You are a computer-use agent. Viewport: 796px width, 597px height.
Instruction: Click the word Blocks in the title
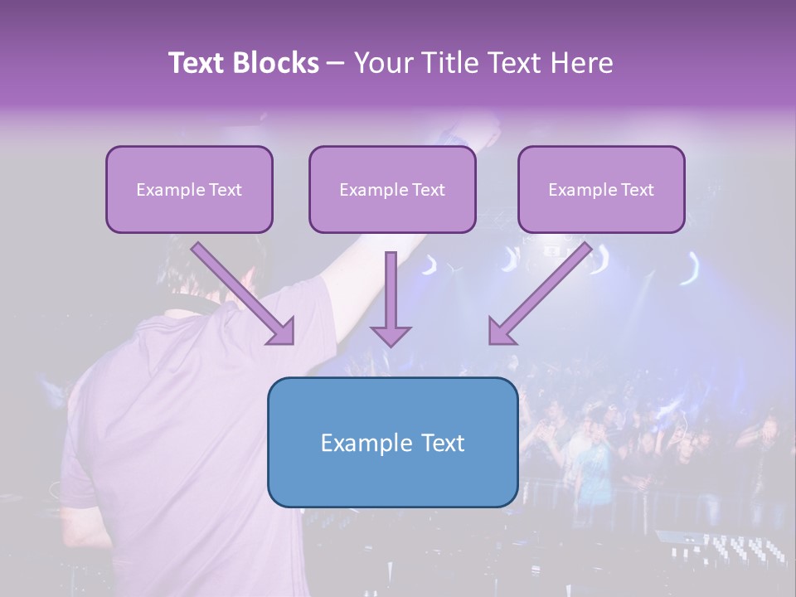tap(279, 63)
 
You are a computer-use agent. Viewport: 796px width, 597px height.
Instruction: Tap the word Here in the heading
tap(580, 63)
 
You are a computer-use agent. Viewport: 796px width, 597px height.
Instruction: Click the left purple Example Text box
tap(189, 189)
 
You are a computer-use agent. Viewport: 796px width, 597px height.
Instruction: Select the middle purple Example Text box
tap(392, 189)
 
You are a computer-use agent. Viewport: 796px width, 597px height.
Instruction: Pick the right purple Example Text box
tap(601, 189)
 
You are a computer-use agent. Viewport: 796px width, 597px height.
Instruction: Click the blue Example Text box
tap(392, 442)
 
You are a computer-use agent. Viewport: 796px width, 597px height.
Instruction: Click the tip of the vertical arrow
tap(391, 343)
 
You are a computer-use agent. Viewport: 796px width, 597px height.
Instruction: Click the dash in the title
tap(336, 63)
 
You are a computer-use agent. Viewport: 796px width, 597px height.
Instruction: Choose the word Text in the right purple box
tap(636, 189)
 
